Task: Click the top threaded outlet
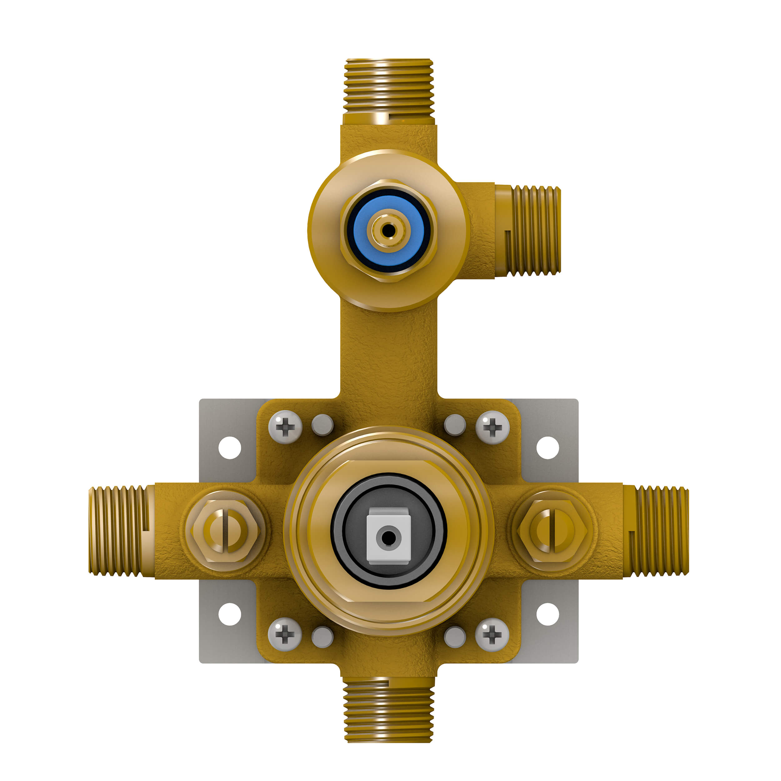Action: (389, 87)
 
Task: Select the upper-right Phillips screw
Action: (492, 427)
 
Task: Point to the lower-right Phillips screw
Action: (492, 635)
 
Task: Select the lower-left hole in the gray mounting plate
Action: (230, 614)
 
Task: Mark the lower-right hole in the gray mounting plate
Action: (548, 614)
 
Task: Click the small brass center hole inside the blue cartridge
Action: (389, 231)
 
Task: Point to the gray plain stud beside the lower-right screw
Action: (455, 637)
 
